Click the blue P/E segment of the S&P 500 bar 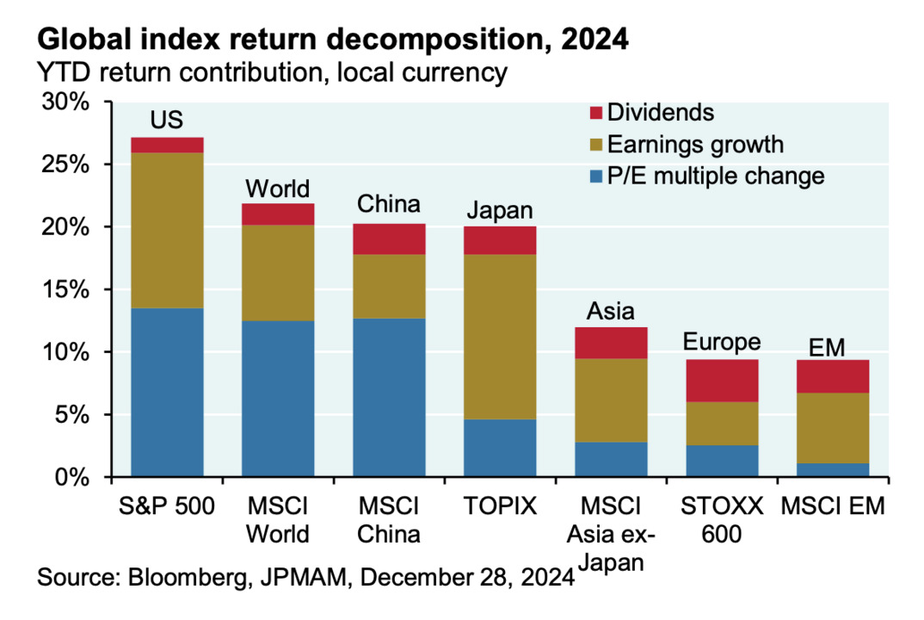tap(167, 392)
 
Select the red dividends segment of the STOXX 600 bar tap(723, 381)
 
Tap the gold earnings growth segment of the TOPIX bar tap(500, 337)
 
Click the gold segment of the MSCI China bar tap(389, 286)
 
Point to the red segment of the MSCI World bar tap(278, 214)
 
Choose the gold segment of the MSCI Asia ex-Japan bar tap(611, 400)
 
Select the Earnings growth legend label tap(695, 144)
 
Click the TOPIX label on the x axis tap(500, 506)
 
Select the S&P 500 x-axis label tap(167, 506)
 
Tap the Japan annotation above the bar tap(500, 210)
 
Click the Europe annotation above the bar tap(723, 342)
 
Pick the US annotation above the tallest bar tap(167, 119)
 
